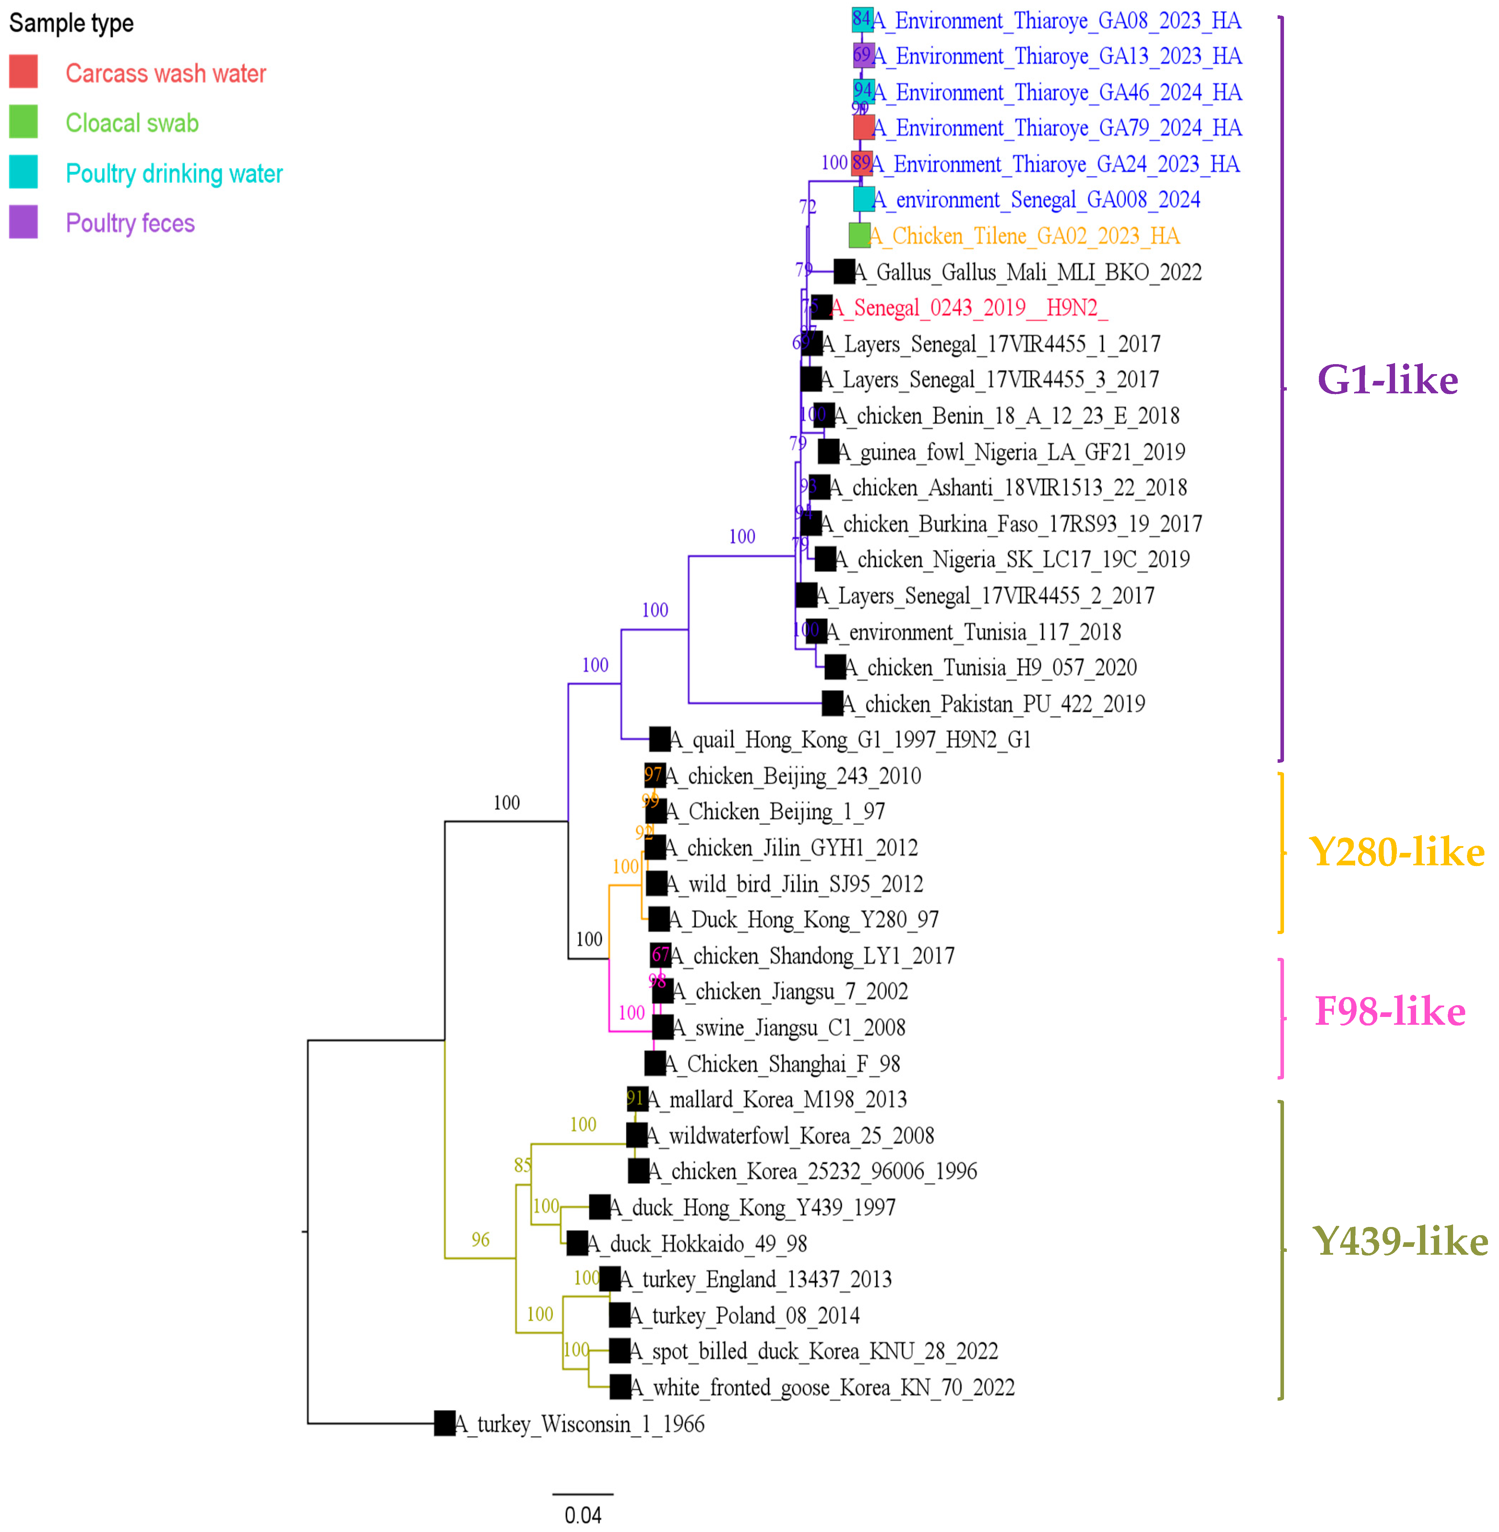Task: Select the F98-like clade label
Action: pos(1390,1012)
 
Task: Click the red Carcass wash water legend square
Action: pos(23,72)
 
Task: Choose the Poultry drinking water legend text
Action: pos(174,173)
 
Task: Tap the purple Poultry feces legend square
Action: pos(23,222)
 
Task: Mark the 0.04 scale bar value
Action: pos(583,1515)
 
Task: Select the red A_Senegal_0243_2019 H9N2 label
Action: pos(968,308)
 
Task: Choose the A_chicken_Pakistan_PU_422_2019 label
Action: pos(994,704)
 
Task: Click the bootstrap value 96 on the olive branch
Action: pos(480,1240)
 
